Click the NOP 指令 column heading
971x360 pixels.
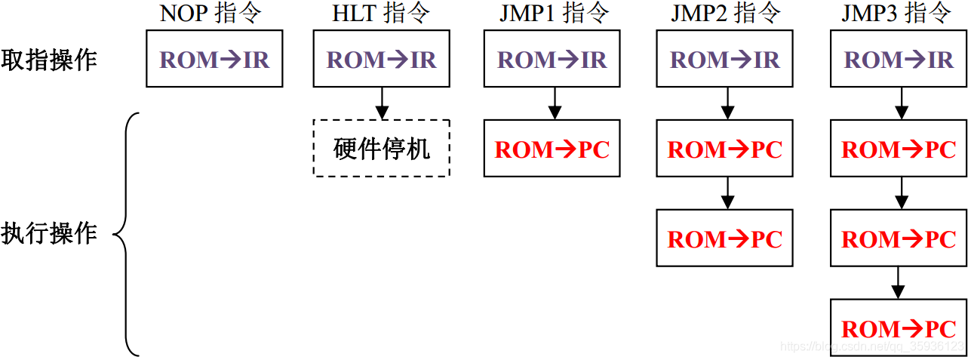point(210,13)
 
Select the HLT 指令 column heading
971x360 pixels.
point(381,13)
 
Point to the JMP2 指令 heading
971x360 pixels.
point(726,13)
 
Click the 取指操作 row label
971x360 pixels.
point(49,60)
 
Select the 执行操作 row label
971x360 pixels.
point(49,233)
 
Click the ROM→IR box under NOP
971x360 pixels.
point(214,59)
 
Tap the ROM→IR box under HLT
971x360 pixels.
point(382,59)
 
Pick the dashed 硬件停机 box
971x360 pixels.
point(382,149)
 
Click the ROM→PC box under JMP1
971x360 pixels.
point(552,149)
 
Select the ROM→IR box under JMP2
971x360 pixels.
point(725,59)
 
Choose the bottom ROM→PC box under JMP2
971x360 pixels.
point(725,238)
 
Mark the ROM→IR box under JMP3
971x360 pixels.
point(899,59)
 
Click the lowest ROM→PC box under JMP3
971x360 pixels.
point(899,328)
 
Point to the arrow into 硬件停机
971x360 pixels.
point(382,103)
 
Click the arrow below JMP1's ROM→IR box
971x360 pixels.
point(555,103)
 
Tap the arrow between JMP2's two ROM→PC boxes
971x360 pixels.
point(727,193)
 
